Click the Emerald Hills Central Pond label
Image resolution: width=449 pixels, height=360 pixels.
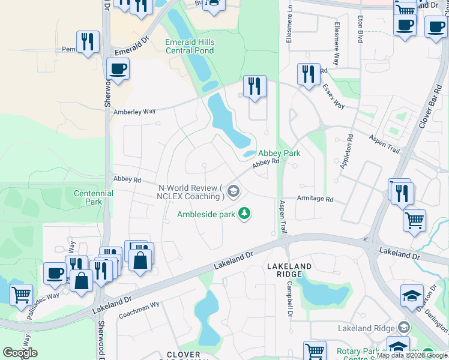[x=189, y=47]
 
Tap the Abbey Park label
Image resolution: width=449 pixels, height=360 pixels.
[x=279, y=153]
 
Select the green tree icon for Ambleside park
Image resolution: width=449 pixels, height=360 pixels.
[x=244, y=213]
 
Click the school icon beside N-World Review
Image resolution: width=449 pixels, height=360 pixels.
[x=234, y=193]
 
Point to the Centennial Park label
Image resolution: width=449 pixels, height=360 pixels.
[x=93, y=198]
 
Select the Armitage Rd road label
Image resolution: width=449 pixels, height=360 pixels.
[x=315, y=199]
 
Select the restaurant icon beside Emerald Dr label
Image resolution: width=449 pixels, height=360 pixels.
[x=88, y=41]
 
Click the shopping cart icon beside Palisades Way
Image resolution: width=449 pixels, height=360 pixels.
[x=22, y=295]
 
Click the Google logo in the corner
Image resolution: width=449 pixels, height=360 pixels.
[x=20, y=353]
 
